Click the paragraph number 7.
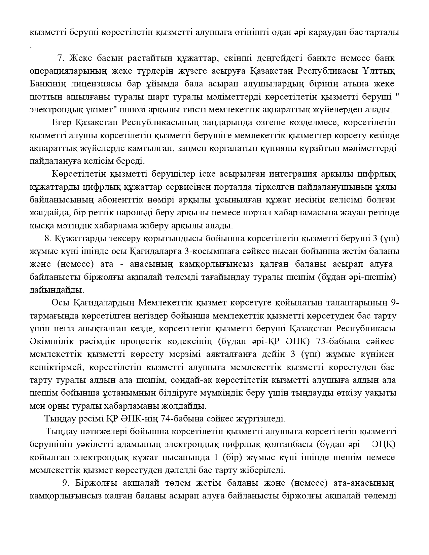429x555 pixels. coord(61,58)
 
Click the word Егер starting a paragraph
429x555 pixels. coord(62,122)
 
